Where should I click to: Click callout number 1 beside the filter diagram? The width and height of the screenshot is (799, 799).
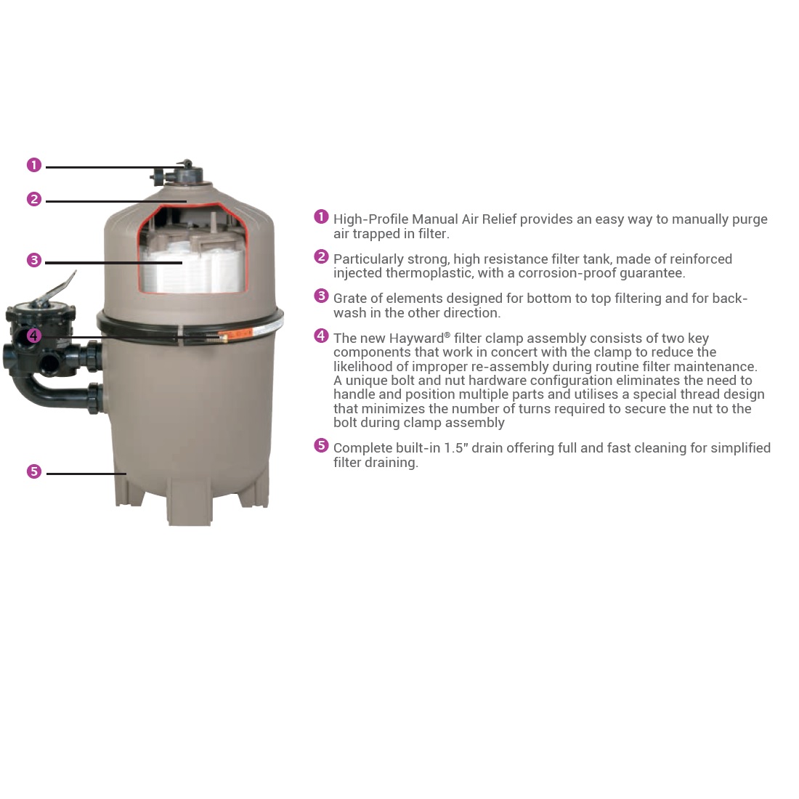click(34, 165)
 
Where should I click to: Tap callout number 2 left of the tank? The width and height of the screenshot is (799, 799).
click(34, 199)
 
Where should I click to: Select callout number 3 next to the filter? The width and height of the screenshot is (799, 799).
click(34, 260)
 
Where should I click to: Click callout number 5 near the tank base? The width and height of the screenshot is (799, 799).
click(34, 471)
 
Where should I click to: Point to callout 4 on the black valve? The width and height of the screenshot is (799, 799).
click(33, 336)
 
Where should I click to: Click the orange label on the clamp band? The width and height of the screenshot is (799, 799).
click(235, 335)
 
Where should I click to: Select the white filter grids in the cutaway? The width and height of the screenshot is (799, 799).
click(192, 270)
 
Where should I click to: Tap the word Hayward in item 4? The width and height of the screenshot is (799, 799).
click(416, 339)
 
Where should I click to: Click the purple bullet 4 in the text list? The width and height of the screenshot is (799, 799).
click(321, 336)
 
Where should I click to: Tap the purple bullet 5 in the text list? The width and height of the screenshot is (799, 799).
click(321, 445)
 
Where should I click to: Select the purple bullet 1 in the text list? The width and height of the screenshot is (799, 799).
click(321, 216)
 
